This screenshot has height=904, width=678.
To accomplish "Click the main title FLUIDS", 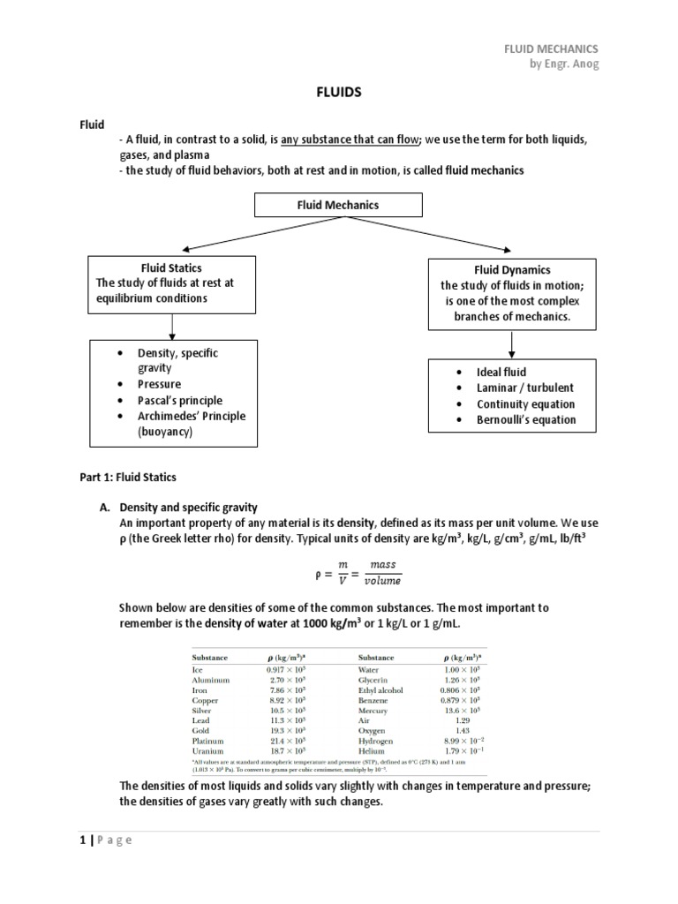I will click(338, 91).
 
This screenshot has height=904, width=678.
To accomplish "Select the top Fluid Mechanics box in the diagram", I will click(338, 205).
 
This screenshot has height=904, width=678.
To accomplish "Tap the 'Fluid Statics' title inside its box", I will click(171, 267).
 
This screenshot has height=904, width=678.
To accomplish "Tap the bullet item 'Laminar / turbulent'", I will click(524, 388).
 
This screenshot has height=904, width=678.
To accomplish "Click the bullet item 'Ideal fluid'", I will click(500, 372).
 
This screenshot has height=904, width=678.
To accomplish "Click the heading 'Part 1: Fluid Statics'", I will click(128, 478).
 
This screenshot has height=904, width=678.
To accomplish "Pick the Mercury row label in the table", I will click(374, 710).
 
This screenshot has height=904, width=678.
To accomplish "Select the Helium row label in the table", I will click(372, 751).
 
